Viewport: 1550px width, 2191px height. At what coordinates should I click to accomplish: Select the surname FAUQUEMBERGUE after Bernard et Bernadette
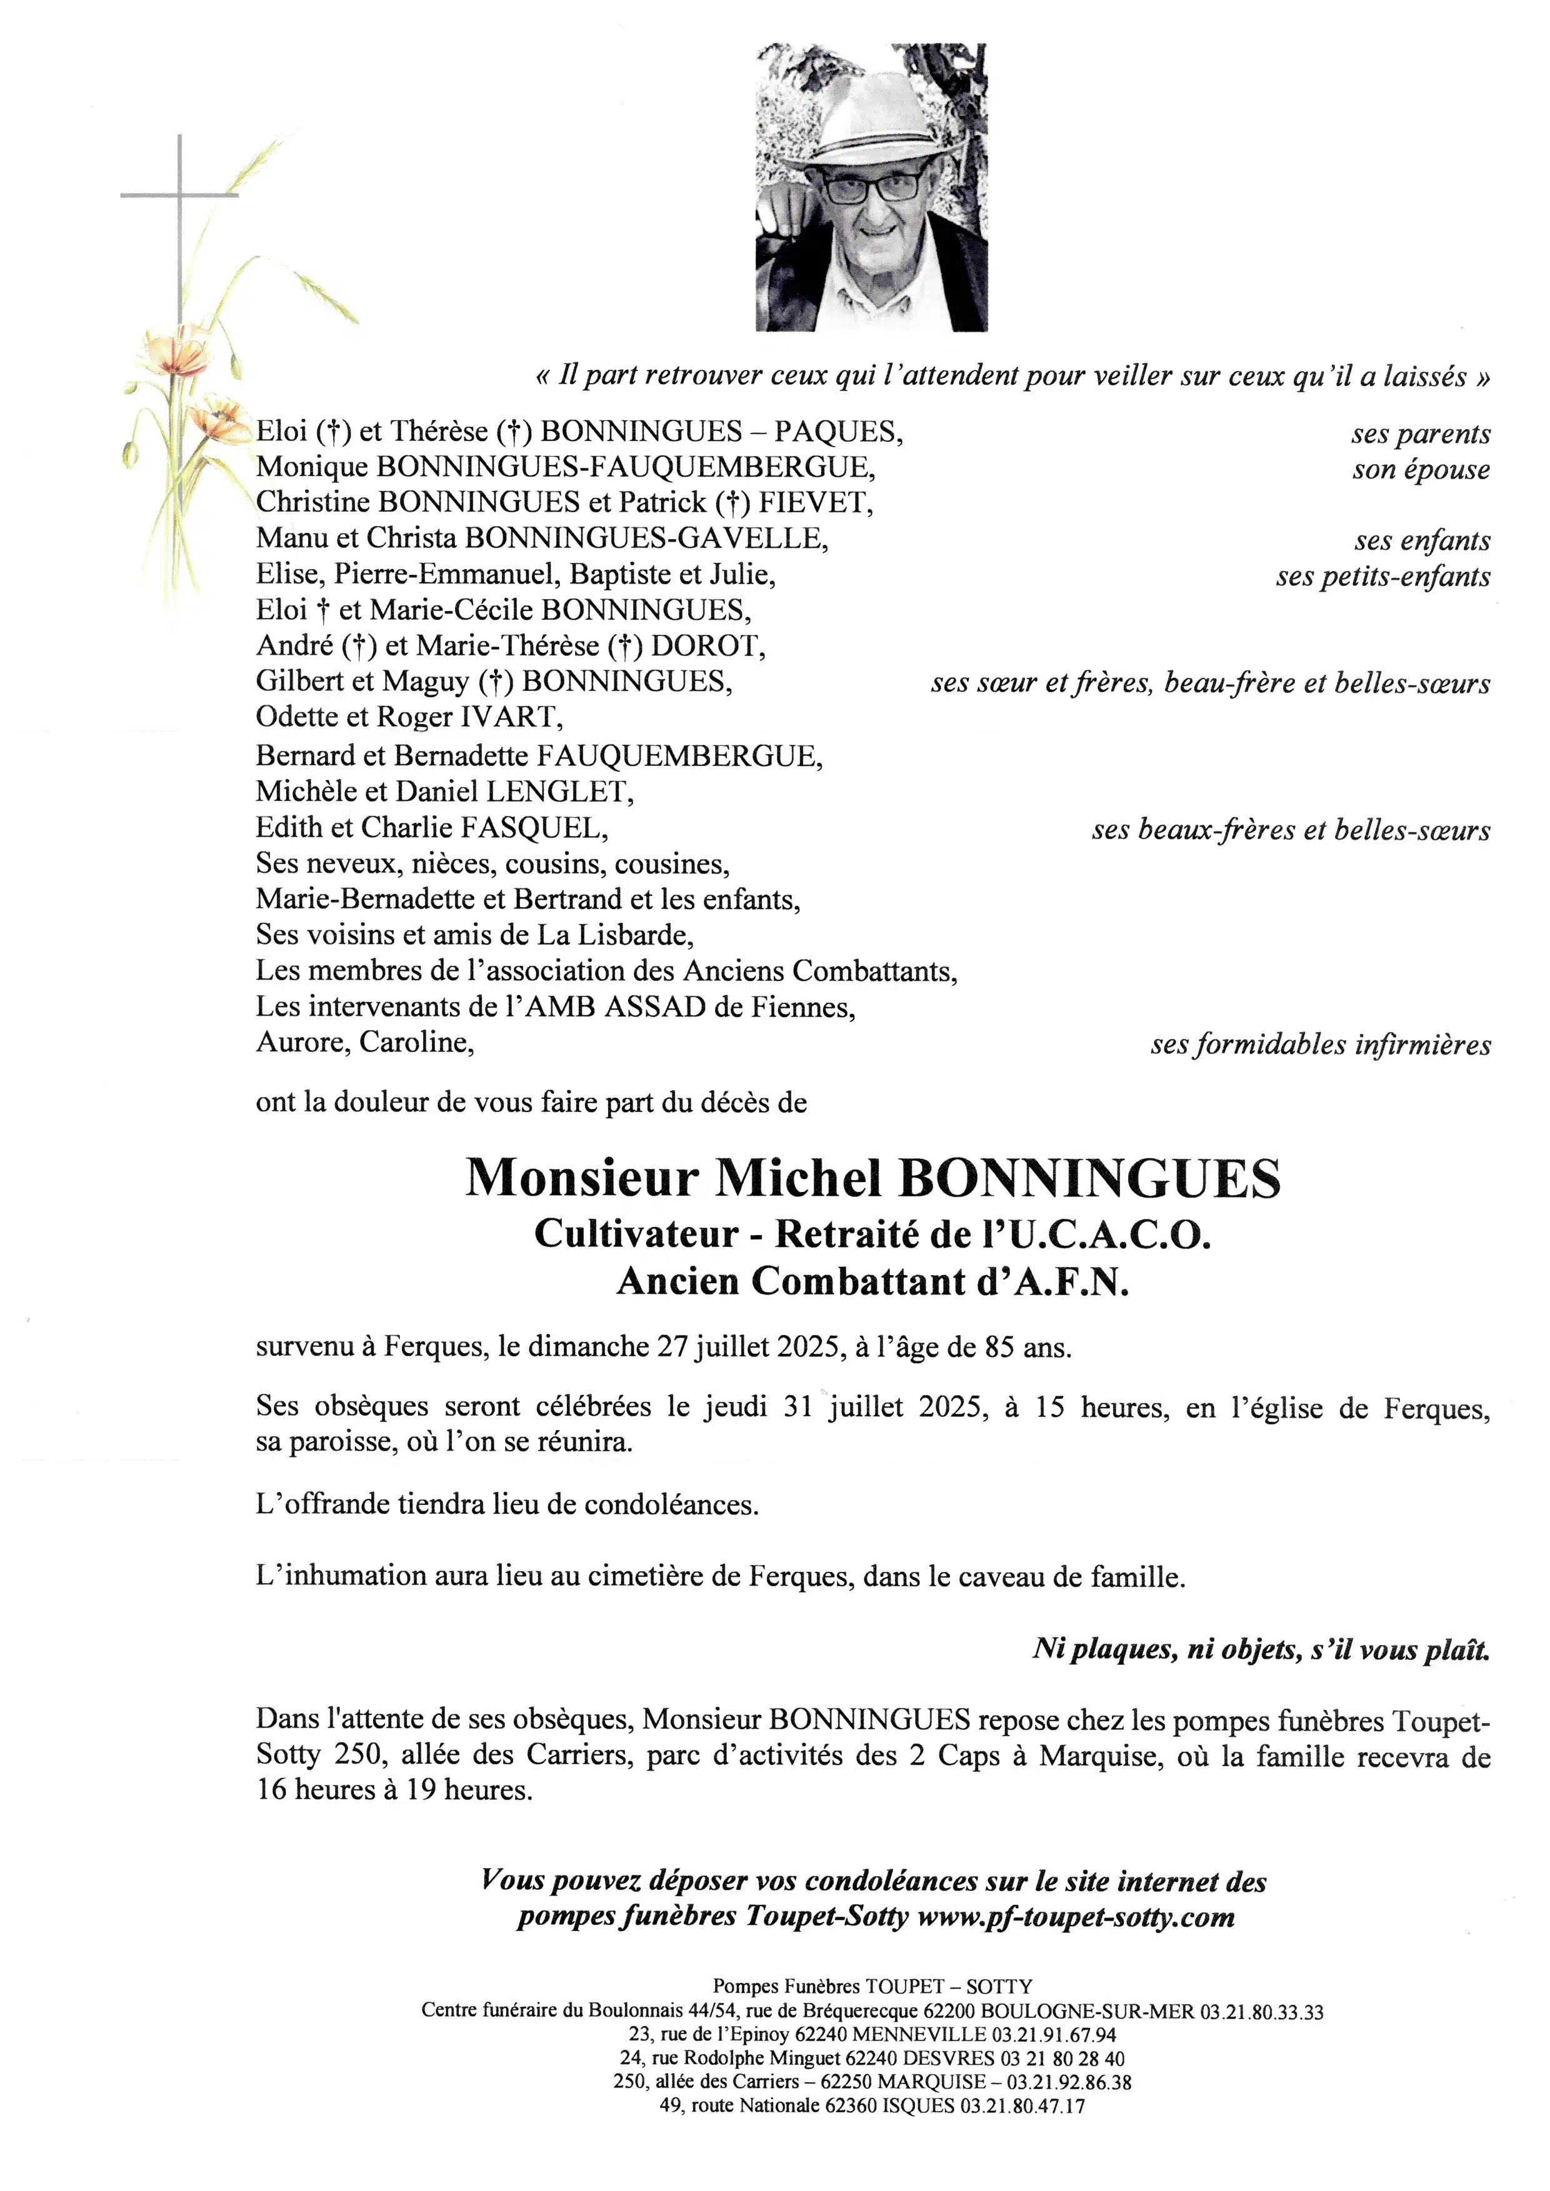coord(679,756)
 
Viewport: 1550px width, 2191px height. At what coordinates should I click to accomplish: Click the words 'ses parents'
coord(1420,434)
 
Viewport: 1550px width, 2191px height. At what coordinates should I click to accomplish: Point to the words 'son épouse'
coord(1420,470)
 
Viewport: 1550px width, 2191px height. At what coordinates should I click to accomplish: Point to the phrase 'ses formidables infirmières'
coord(1320,1045)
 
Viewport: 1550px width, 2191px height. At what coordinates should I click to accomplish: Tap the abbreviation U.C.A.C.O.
coord(1110,1235)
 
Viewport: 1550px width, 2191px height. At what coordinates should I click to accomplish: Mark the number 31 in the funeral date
coord(798,1408)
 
